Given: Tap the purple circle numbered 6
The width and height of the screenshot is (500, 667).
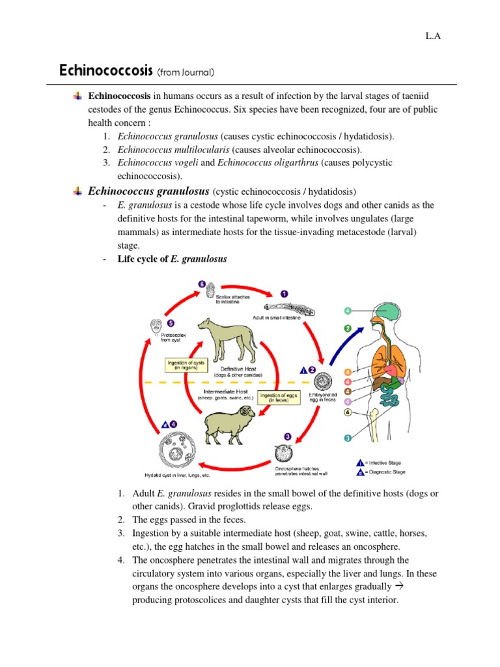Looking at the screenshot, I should (202, 284).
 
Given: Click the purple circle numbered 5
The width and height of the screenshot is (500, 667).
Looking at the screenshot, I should (171, 322).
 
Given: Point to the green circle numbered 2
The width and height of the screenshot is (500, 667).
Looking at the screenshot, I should (348, 329).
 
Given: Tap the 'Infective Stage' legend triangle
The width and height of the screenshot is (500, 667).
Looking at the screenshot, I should (359, 462).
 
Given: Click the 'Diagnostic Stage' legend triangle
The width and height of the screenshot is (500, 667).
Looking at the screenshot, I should (359, 472).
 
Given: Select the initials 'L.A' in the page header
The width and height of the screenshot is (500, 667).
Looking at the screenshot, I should (433, 36).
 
